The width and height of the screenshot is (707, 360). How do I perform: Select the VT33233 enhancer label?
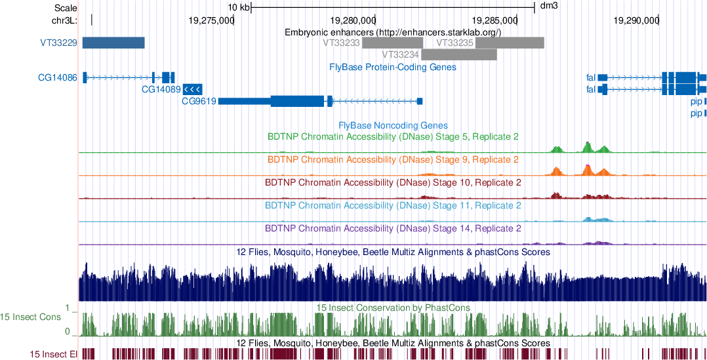(x=342, y=43)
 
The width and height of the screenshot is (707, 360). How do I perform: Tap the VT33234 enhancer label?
(x=400, y=54)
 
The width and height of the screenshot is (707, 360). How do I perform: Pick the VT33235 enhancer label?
(x=455, y=43)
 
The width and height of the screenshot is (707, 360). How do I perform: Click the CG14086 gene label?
(x=58, y=77)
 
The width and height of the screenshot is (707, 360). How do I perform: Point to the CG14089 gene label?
(x=161, y=89)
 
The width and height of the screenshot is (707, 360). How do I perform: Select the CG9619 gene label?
(x=199, y=101)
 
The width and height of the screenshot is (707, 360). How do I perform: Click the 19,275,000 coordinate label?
(x=210, y=20)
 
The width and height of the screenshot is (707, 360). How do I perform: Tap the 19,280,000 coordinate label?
(x=353, y=20)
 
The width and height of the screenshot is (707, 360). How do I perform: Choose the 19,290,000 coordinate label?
(x=635, y=20)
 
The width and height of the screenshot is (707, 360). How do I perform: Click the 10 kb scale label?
(x=238, y=7)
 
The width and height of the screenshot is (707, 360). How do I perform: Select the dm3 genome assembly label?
(x=548, y=7)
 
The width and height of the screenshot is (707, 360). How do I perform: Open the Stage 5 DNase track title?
(x=394, y=137)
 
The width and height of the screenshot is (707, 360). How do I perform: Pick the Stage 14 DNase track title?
(x=394, y=229)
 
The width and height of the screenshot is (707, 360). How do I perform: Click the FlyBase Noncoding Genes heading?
(x=394, y=125)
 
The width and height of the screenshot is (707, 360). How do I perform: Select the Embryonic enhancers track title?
(x=393, y=31)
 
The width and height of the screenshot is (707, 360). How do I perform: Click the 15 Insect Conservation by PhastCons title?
(x=393, y=308)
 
